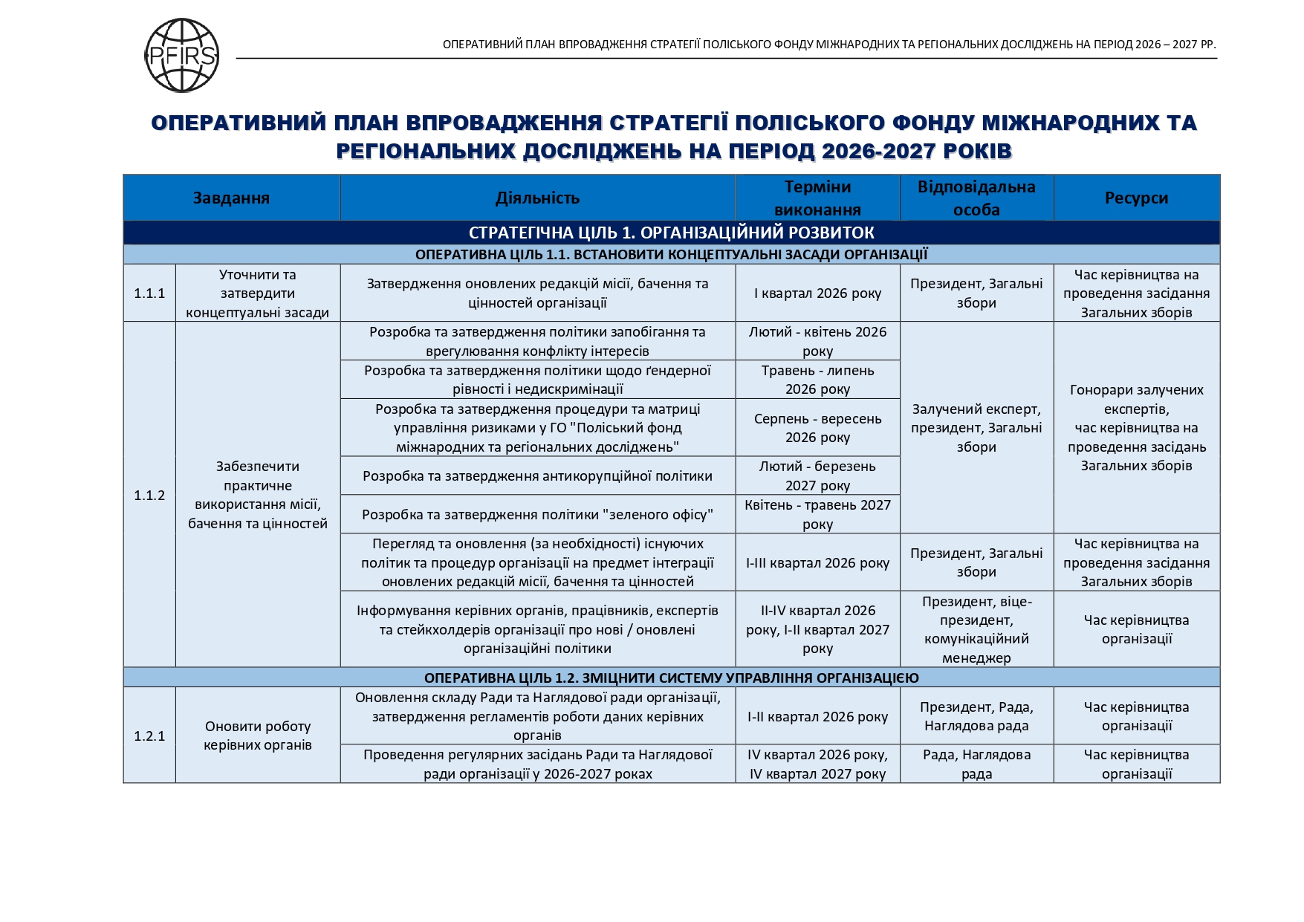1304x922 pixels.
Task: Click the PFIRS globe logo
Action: [x=181, y=56]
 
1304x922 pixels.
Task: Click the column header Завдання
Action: [x=231, y=198]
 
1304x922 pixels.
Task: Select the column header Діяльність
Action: [x=537, y=198]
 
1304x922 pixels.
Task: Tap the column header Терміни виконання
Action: [x=817, y=198]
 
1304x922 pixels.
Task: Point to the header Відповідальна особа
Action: [x=976, y=198]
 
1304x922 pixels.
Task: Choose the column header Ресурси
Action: [x=1136, y=198]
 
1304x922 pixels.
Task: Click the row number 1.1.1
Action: [x=149, y=293]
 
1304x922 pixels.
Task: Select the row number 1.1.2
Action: [x=149, y=495]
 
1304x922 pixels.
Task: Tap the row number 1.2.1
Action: [x=149, y=736]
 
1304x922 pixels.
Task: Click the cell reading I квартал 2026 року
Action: [x=817, y=293]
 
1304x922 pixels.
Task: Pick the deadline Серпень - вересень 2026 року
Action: [x=817, y=428]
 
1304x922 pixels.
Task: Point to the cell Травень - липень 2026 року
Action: [x=817, y=380]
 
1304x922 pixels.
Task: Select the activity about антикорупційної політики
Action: [x=537, y=476]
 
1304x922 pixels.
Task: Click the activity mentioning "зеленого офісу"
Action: [x=537, y=514]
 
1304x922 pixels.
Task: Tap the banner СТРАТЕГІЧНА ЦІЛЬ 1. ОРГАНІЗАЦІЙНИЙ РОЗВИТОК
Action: [x=671, y=233]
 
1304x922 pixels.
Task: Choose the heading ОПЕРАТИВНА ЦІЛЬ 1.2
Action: [x=671, y=678]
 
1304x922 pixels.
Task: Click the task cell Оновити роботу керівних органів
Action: [x=258, y=736]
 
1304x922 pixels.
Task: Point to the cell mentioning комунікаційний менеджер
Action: [x=976, y=629]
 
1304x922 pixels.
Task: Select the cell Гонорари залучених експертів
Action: [x=1136, y=428]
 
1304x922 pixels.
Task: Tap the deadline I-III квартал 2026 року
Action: [x=817, y=562]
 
